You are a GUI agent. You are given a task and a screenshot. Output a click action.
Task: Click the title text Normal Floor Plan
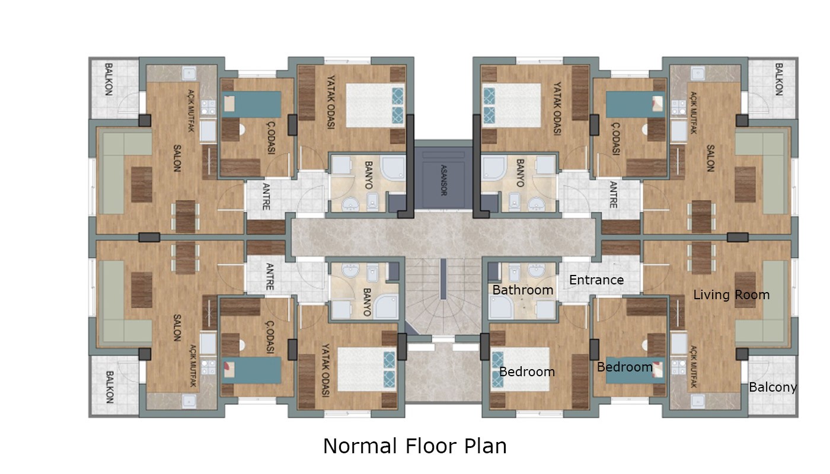[x=414, y=446]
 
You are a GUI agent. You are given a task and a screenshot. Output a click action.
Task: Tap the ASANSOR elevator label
[x=443, y=180]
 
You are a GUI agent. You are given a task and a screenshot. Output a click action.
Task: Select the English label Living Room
[x=731, y=295]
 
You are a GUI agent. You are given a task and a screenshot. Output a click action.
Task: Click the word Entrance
[x=596, y=280]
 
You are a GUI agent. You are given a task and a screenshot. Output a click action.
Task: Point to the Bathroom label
[x=523, y=290]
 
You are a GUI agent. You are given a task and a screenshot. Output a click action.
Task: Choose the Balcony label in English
[x=772, y=387]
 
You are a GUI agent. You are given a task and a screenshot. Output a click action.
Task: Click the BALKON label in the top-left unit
[x=108, y=79]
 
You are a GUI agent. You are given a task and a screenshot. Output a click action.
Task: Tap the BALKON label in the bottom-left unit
[x=110, y=387]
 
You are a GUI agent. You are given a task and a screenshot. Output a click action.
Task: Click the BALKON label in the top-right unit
[x=778, y=79]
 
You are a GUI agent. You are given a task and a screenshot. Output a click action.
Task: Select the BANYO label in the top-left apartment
[x=368, y=175]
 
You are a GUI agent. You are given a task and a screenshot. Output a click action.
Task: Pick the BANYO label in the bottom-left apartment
[x=367, y=302]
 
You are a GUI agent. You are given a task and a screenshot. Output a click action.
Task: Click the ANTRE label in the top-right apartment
[x=613, y=195]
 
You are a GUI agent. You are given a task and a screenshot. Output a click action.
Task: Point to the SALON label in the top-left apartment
[x=177, y=159]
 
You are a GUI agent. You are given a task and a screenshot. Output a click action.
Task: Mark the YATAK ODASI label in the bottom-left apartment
[x=325, y=370]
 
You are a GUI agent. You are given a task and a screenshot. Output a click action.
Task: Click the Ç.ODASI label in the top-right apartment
[x=616, y=139]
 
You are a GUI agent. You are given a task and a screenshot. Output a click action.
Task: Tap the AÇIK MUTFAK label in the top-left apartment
[x=191, y=110]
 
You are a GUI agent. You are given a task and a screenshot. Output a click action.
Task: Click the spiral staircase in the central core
[x=443, y=296]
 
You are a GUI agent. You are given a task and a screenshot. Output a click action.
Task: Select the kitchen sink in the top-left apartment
[x=189, y=73]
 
